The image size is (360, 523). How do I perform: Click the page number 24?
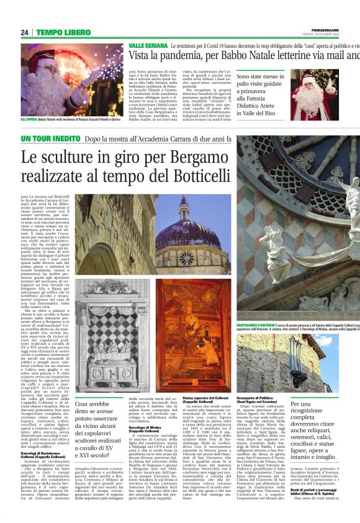pyautogui.click(x=25, y=32)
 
